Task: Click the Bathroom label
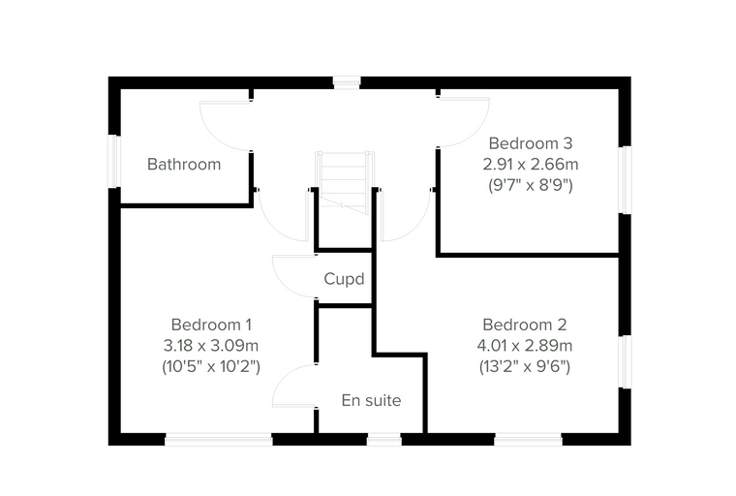click(x=184, y=165)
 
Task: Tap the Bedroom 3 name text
click(x=531, y=143)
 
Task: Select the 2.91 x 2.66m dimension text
click(x=531, y=165)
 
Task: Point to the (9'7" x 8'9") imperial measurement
click(x=531, y=185)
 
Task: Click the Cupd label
click(x=344, y=279)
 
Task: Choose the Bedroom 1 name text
click(x=211, y=325)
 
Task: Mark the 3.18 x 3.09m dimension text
click(x=211, y=346)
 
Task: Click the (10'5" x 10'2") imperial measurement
click(x=211, y=366)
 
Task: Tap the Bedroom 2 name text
click(x=524, y=325)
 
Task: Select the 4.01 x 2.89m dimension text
click(x=524, y=346)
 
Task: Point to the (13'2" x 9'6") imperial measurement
click(x=524, y=366)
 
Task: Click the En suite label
click(x=371, y=400)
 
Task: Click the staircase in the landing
click(x=345, y=183)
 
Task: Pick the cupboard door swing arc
click(x=282, y=284)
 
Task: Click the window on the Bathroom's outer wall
click(x=114, y=162)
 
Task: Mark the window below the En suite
click(x=383, y=440)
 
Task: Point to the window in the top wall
click(x=347, y=82)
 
